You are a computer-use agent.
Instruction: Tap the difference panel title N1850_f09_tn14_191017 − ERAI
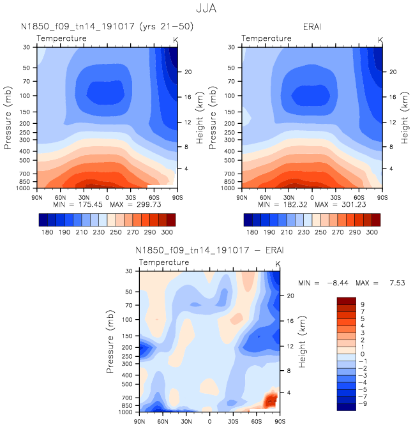point(208,250)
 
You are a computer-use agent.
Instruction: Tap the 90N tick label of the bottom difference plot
point(140,421)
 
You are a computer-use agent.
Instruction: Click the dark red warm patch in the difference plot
point(271,400)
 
